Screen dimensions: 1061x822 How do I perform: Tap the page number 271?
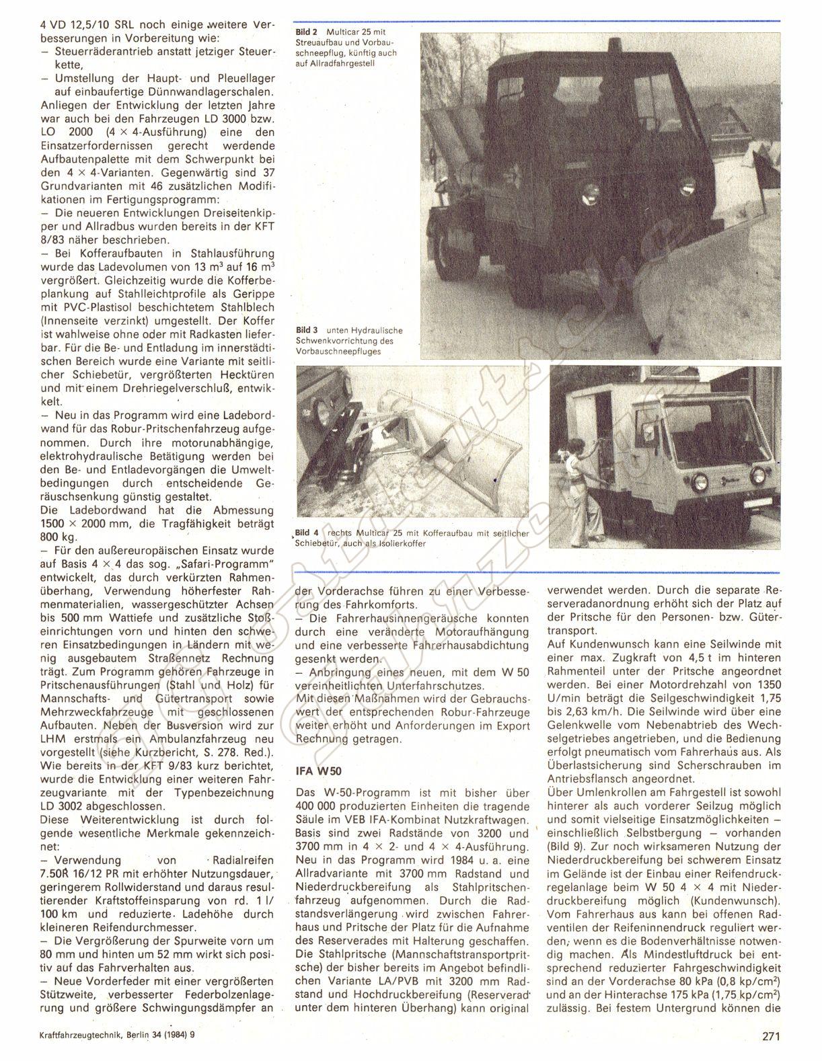(x=771, y=1036)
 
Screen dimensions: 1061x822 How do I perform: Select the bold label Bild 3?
(x=307, y=330)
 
